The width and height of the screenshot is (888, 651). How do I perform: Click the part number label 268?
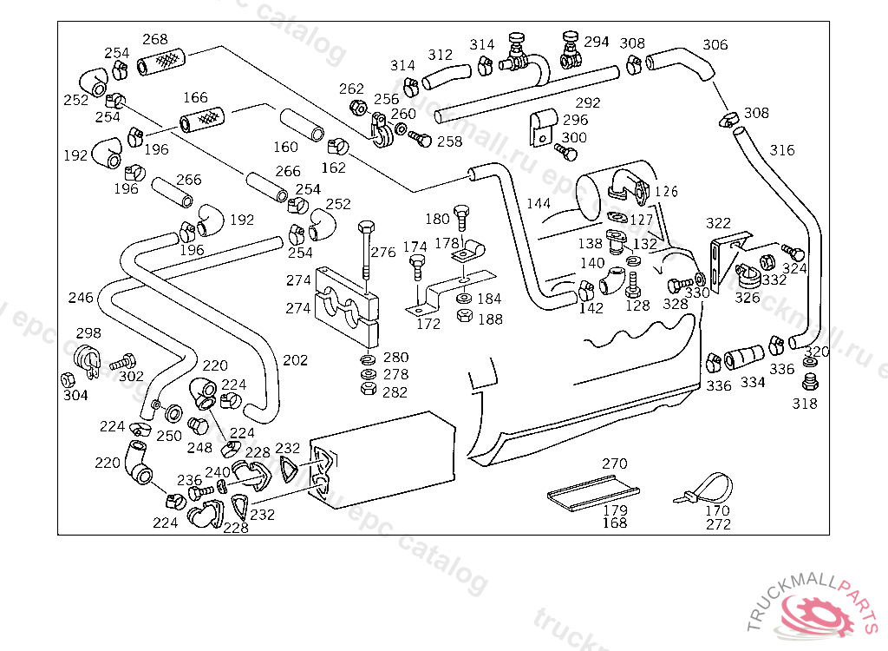pyautogui.click(x=155, y=39)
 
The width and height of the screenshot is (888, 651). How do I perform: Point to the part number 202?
pyautogui.click(x=295, y=360)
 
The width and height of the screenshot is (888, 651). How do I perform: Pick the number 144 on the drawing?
pyautogui.click(x=539, y=204)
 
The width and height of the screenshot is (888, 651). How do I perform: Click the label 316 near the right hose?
pyautogui.click(x=782, y=150)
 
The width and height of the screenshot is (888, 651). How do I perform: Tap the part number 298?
pyautogui.click(x=88, y=333)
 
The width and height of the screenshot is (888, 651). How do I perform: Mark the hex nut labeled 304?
pyautogui.click(x=67, y=379)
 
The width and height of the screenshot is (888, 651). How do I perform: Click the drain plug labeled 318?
pyautogui.click(x=811, y=383)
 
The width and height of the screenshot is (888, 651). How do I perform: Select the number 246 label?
pyautogui.click(x=81, y=298)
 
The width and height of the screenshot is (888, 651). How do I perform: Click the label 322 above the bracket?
pyautogui.click(x=718, y=224)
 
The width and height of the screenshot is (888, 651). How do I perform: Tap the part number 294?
pyautogui.click(x=597, y=41)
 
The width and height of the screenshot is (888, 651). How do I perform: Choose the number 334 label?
pyautogui.click(x=753, y=382)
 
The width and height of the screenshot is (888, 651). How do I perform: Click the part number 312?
pyautogui.click(x=441, y=56)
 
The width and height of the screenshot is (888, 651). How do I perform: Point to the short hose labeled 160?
pyautogui.click(x=302, y=124)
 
